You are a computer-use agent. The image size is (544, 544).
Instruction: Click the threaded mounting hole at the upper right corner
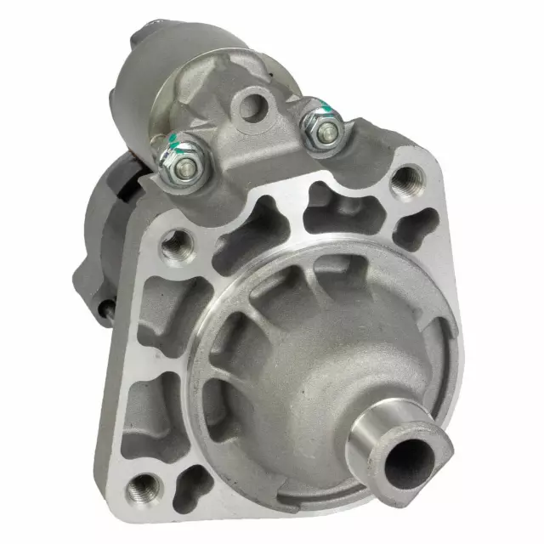pyautogui.click(x=407, y=178)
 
